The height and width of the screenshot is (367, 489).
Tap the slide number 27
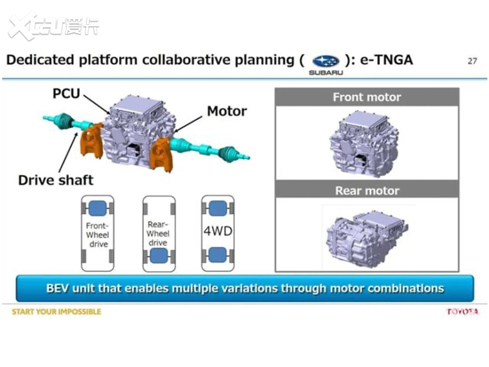coord(472,61)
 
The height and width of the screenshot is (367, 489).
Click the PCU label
coord(66,93)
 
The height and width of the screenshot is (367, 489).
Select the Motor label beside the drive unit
coord(227,111)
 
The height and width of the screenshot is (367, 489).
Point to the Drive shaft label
coord(55,180)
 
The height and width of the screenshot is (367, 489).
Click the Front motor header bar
coord(366,97)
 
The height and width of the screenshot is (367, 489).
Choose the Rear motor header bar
coord(366,190)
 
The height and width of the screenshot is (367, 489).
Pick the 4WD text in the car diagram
coord(217,231)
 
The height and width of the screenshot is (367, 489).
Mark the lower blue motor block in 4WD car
coord(217,255)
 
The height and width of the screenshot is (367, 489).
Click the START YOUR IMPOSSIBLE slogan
coord(57,312)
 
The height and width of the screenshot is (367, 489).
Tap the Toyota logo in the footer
coord(462,312)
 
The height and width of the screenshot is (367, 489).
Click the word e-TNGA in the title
coord(386,60)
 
